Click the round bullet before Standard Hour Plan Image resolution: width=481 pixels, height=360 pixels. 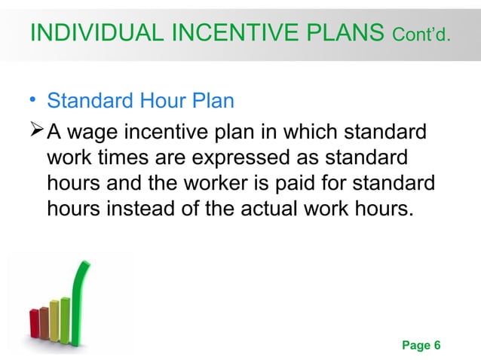pyautogui.click(x=33, y=101)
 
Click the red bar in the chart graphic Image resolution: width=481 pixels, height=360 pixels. pyautogui.click(x=34, y=325)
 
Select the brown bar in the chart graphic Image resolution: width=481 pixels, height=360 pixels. pyautogui.click(x=44, y=319)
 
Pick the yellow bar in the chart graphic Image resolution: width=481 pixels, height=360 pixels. pyautogui.click(x=54, y=316)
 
